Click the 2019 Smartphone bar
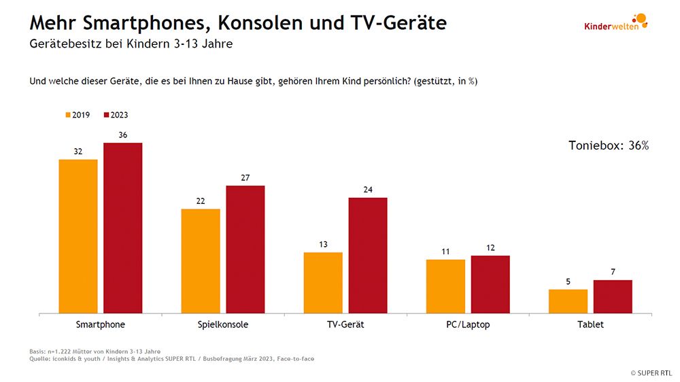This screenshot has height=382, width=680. [x=78, y=237]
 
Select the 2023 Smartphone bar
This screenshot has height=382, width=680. [x=122, y=228]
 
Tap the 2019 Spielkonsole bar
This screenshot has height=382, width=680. [x=201, y=261]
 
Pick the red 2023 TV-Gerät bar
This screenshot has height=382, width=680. [x=368, y=256]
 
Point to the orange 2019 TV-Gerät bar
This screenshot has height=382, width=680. [x=323, y=283]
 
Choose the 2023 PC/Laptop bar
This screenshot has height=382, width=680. [x=490, y=284]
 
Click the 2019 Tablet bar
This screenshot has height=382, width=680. [x=568, y=301]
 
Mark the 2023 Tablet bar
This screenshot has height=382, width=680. [x=613, y=296]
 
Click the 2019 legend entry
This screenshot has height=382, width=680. [x=78, y=115]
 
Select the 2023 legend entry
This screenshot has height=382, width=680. [x=116, y=115]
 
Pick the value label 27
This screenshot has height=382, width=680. [x=245, y=178]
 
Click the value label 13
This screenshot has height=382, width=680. [x=323, y=245]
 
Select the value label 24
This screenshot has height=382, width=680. [x=368, y=190]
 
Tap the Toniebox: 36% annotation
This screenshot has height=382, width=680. [x=608, y=145]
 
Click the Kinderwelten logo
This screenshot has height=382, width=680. [x=616, y=22]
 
